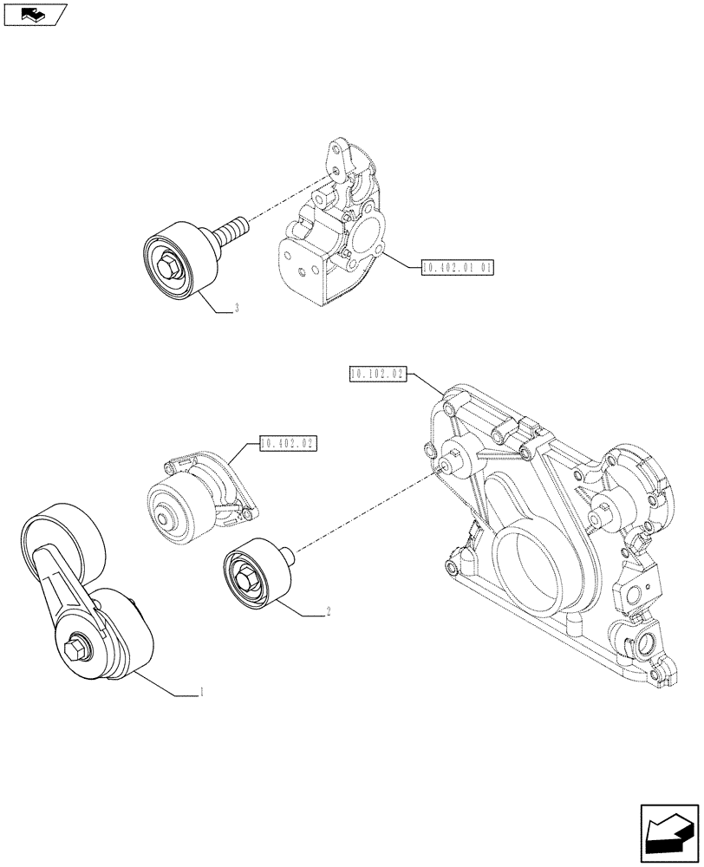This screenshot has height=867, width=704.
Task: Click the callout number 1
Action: (x=202, y=692)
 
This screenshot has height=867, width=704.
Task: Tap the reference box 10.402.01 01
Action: (x=457, y=268)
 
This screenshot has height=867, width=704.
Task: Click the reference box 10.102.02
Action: (x=378, y=375)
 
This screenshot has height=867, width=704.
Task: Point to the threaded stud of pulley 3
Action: (x=229, y=232)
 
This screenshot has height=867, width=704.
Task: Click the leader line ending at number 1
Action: (x=165, y=683)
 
